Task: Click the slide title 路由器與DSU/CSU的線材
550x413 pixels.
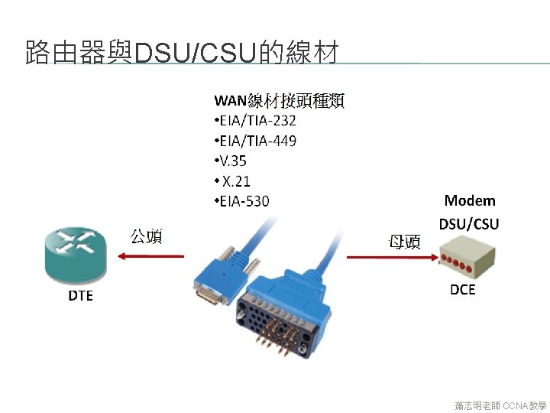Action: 182,54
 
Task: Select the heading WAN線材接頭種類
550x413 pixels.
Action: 280,100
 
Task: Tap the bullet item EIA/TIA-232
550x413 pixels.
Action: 256,121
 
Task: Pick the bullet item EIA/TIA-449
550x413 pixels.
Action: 256,141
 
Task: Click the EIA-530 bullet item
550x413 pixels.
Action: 242,201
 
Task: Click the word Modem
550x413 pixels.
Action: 470,201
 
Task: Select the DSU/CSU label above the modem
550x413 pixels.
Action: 469,224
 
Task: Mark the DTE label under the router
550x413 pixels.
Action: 80,295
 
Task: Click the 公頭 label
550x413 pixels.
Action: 146,236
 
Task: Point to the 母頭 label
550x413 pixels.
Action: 404,242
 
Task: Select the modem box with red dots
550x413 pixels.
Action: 467,258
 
